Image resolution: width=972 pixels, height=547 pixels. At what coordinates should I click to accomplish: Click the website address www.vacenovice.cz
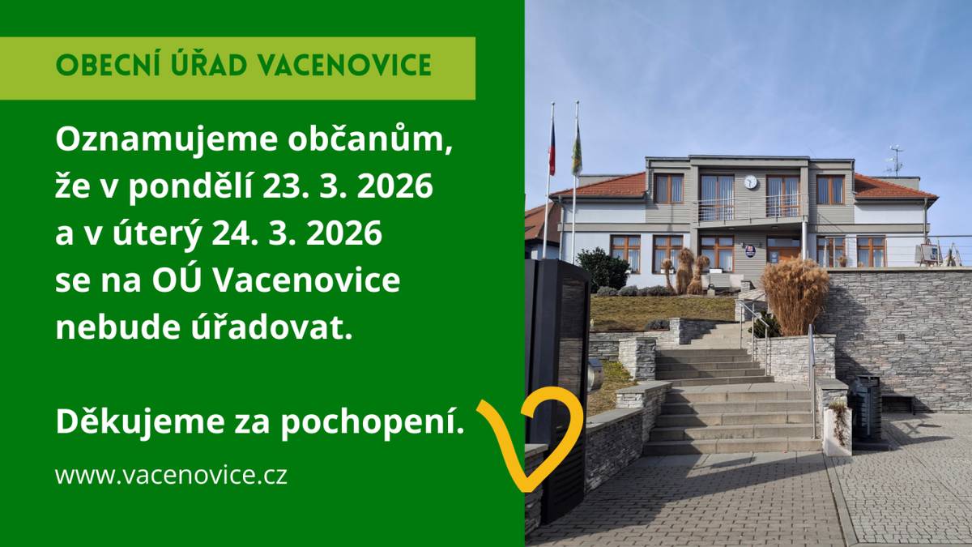(x=171, y=475)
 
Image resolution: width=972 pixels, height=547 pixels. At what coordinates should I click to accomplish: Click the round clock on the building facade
(x=751, y=182)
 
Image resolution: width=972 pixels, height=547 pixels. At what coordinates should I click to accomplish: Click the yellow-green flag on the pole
(x=577, y=150)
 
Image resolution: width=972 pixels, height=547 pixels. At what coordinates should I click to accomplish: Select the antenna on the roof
(x=896, y=159)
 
